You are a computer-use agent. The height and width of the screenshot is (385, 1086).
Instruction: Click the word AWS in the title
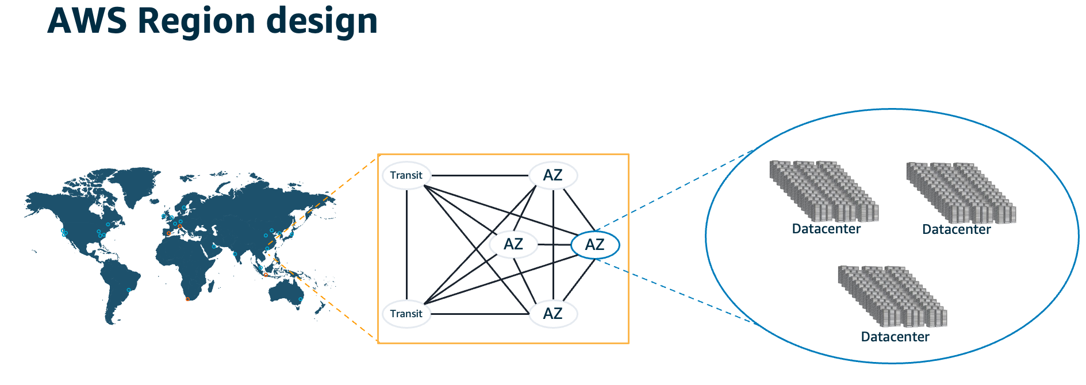point(87,21)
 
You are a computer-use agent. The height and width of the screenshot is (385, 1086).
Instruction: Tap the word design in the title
point(322,22)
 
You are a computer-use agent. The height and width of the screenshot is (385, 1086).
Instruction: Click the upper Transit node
point(406,175)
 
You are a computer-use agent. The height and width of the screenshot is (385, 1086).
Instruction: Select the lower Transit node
point(406,314)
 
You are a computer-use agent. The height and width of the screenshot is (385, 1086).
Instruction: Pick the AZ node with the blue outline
point(595,245)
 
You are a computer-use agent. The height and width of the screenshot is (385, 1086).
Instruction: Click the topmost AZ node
point(552,175)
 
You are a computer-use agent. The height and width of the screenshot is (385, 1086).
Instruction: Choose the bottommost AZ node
point(552,314)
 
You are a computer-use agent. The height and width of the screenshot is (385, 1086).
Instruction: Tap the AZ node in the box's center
point(513,244)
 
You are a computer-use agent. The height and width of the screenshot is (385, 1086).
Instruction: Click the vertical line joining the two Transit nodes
point(406,244)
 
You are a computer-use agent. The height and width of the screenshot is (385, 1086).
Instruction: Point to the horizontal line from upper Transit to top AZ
point(480,175)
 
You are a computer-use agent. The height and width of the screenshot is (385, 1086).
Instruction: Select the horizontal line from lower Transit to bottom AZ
point(480,314)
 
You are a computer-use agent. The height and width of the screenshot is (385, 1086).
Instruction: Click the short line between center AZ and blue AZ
point(554,245)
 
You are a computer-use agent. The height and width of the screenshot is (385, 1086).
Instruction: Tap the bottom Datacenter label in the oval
point(895,337)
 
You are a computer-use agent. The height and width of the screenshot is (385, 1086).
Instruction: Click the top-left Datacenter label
point(826,229)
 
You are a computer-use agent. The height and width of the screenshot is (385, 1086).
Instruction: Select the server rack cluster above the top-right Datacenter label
point(961,193)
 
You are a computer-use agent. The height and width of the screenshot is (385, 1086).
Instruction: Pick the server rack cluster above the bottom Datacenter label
point(892,297)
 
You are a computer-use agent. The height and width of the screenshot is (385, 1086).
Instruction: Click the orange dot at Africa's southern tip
point(187,299)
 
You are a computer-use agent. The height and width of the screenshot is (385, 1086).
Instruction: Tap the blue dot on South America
point(128,290)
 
